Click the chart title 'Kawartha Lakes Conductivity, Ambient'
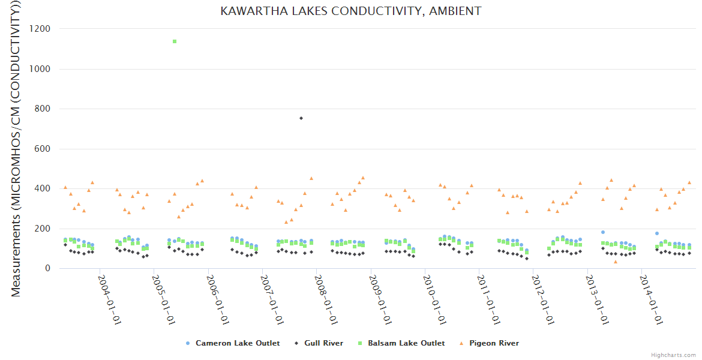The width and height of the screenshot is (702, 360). coord(351,11)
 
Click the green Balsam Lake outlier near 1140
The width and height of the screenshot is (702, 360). coord(175,41)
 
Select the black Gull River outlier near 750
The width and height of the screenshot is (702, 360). coord(301,118)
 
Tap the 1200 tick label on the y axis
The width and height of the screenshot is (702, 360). coord(40,29)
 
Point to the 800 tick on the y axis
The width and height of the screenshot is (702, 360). coord(43,109)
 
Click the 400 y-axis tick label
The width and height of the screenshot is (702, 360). coord(43,189)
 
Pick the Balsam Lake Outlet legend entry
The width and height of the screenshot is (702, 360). coord(401,343)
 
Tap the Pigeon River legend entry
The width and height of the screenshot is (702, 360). coord(489,343)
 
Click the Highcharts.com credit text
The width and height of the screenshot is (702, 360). coord(673,355)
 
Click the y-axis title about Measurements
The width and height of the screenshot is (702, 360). coord(17,150)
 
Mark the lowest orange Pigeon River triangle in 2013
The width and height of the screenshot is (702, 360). coord(615,262)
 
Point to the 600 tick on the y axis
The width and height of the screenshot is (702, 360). coord(43,149)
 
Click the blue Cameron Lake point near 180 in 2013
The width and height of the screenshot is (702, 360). coord(603,232)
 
